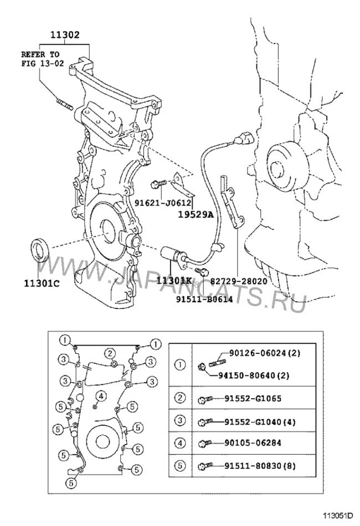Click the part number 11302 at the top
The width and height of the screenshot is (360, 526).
(65, 34)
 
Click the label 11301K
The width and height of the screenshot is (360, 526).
(173, 281)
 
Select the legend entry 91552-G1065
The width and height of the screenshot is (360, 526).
(253, 398)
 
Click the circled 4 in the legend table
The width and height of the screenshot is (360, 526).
(180, 443)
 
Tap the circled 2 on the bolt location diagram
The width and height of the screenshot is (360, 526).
(111, 353)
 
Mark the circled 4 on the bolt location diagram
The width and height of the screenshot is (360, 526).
(101, 395)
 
